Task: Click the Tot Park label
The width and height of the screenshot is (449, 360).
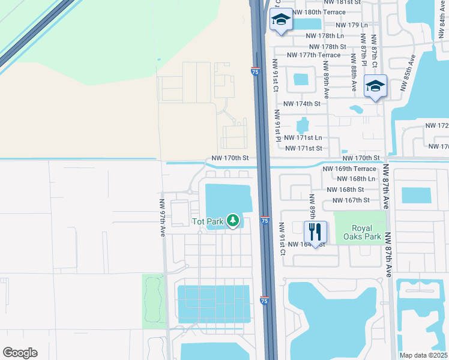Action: coord(208,221)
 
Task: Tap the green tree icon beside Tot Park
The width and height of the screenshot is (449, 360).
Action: coord(234,221)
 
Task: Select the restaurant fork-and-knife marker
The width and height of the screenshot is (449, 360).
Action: coord(315,232)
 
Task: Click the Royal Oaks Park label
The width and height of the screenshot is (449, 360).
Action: coord(366,232)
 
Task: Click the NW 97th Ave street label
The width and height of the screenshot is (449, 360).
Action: coord(162,218)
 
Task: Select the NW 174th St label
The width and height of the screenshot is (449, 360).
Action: coord(303,103)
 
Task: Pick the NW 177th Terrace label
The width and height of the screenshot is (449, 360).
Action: coord(314,55)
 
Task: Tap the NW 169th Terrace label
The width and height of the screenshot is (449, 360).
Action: coord(349,169)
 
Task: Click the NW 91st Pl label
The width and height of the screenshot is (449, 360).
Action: coord(278,125)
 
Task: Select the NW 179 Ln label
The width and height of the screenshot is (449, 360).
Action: coord(352,25)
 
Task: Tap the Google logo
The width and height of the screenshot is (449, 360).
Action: coord(20,353)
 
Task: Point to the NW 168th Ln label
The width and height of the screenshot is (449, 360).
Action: coord(357,178)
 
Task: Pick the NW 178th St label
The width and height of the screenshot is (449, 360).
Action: coord(328,46)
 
